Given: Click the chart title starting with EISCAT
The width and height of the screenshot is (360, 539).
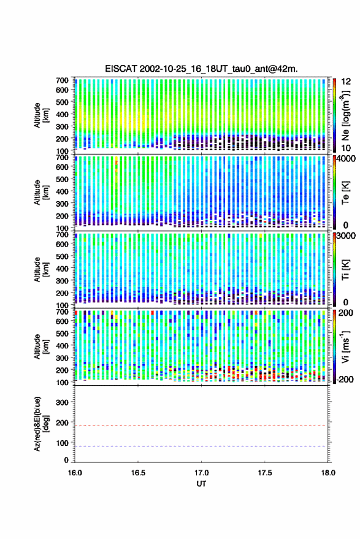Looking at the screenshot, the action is tap(201, 69).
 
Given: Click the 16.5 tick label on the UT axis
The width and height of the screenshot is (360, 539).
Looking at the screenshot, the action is tap(138, 473).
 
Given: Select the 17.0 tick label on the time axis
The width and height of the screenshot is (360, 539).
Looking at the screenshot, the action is tap(201, 473).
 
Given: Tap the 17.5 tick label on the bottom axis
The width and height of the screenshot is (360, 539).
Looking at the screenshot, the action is tap(264, 473).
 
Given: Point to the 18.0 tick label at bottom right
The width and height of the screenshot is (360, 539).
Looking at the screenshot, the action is tap(328, 473).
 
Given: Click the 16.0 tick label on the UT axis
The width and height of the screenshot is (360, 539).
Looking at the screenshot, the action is tap(75, 473).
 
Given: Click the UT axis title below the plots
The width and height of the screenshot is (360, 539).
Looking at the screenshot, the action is tap(201, 484).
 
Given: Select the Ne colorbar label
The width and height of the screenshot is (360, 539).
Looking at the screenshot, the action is tap(345, 115).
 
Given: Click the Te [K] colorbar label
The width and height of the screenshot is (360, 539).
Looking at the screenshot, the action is tap(345, 193).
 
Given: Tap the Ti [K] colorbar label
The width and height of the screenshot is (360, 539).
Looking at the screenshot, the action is tap(345, 270).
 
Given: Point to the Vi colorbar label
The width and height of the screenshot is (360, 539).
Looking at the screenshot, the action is tap(345, 346).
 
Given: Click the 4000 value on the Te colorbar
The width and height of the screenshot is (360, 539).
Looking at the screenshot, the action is tap(345, 159).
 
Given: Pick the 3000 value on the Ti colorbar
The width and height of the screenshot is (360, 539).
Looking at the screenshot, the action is tap(345, 236).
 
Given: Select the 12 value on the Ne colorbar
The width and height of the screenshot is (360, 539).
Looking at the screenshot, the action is tap(347, 82).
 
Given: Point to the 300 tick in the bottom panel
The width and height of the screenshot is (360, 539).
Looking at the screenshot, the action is tap(62, 402).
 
